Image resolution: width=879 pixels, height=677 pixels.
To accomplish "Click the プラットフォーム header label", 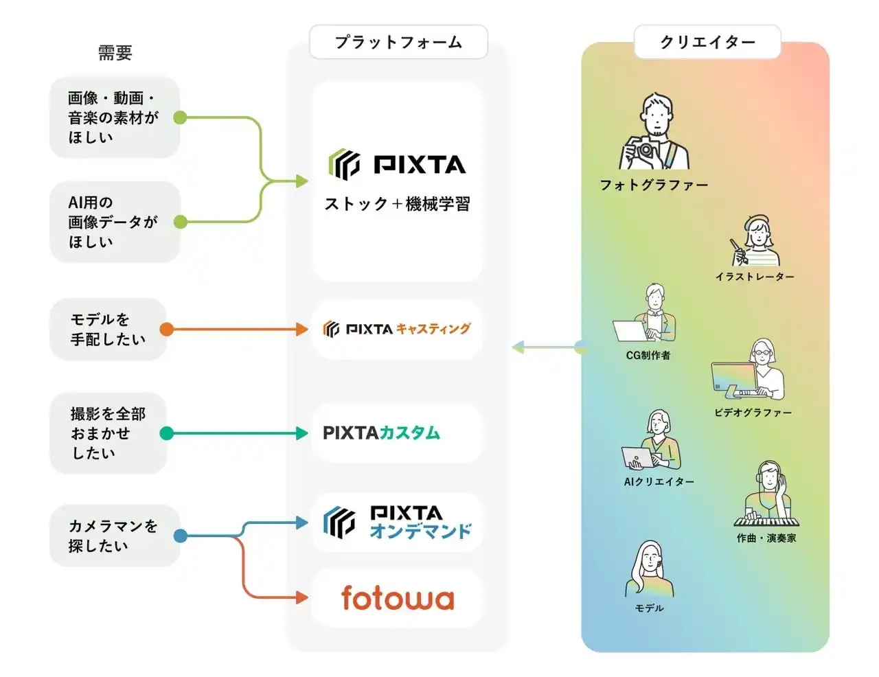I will pos(398,43).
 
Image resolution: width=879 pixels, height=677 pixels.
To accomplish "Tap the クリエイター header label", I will pos(707,43).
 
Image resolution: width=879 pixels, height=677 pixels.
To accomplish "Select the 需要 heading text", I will pos(115,53).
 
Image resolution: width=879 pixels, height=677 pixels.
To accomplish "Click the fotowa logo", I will pos(398,598).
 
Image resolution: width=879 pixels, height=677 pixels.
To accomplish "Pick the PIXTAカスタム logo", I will pos(381,433).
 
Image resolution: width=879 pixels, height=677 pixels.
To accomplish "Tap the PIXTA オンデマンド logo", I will pos(398,523).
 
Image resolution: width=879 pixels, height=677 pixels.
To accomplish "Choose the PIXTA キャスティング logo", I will pos(397,329).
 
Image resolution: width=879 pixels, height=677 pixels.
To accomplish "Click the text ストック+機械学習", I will pos(397,204).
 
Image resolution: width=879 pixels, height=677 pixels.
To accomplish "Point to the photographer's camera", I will pos(645,150).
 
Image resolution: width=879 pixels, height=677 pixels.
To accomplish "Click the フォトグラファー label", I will pos(654,185).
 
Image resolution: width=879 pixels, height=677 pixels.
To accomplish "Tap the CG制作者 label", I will pos(648,355).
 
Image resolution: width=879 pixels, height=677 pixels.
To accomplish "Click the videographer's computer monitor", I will pos(733,378).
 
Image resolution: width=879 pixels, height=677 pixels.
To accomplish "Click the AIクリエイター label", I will pos(659,481).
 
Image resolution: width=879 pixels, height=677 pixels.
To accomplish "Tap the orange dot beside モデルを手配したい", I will pos(166,330).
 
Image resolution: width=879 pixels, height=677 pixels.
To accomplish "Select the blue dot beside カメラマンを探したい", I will pos(181,536).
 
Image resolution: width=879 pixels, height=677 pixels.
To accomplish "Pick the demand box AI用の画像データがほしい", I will pos(115,222).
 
